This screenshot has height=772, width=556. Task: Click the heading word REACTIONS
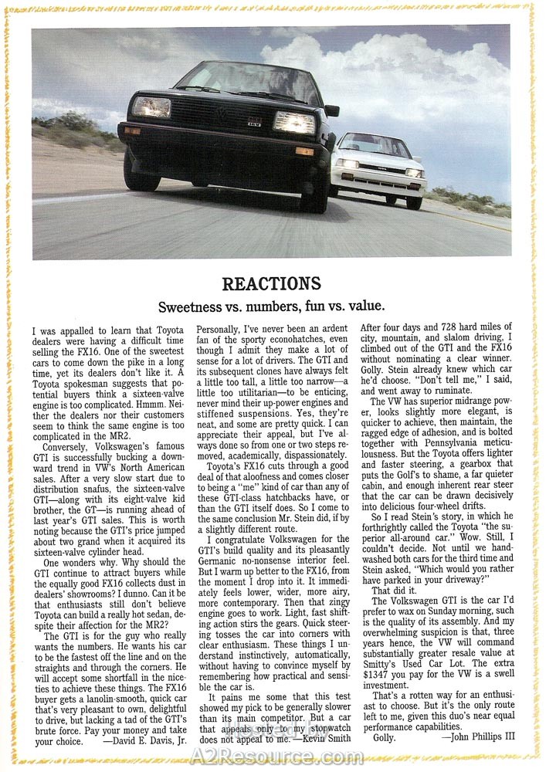(x=271, y=283)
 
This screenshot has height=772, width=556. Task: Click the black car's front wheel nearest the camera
(x=316, y=185)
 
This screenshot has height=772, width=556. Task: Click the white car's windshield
(x=375, y=144)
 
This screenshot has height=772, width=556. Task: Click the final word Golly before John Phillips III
(x=384, y=738)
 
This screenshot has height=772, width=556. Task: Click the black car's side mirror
(x=332, y=110)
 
